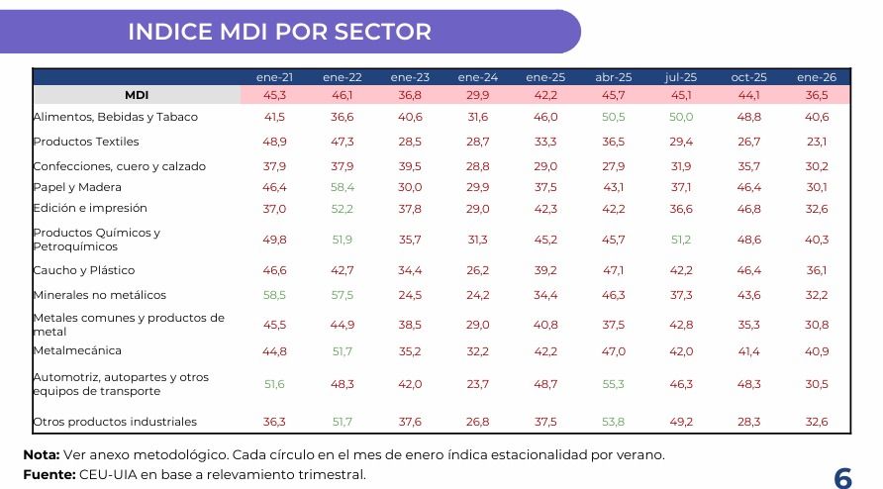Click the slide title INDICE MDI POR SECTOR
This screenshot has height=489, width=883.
279,32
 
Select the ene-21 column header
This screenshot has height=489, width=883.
274,76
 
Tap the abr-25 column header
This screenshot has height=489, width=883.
614,76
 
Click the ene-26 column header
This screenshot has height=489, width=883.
817,76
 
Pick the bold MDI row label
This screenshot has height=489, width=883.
137,95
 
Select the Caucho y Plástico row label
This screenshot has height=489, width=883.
84,270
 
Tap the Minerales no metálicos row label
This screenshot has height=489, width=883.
99,295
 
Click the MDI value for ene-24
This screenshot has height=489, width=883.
477,95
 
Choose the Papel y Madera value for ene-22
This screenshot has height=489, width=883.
342,187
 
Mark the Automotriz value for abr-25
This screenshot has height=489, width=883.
614,384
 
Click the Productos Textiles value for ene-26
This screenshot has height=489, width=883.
817,142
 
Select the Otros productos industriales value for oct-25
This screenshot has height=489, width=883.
748,422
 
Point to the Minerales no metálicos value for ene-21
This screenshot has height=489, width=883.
274,295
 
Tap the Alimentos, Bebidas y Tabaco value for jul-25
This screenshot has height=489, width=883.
681,117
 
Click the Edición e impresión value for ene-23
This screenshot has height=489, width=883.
410,208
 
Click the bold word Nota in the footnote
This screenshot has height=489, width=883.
41,455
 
